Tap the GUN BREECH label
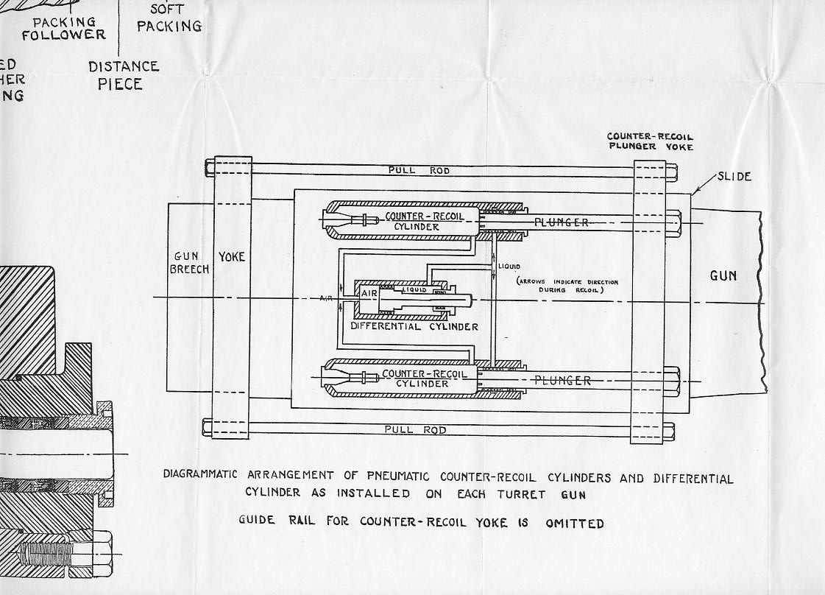190,263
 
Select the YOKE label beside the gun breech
233,257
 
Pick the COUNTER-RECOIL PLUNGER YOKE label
650,141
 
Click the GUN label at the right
723,275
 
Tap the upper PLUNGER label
562,222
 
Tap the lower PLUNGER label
562,381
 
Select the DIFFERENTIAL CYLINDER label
414,326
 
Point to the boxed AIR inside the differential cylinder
369,293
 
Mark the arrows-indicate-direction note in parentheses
567,286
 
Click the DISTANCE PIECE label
124,75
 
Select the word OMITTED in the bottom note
574,524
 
